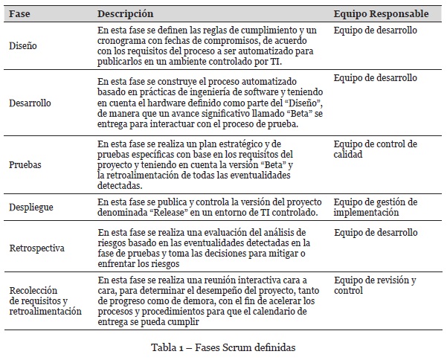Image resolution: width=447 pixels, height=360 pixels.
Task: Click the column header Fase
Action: click(x=20, y=13)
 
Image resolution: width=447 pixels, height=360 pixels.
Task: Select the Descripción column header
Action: click(x=126, y=13)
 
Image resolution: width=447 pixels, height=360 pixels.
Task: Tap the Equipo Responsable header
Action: click(x=381, y=13)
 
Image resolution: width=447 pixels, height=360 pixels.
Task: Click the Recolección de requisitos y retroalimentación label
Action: click(x=45, y=300)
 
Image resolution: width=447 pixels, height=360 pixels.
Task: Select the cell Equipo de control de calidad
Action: click(x=375, y=150)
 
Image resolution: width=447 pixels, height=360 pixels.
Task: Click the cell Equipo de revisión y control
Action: click(x=374, y=286)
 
